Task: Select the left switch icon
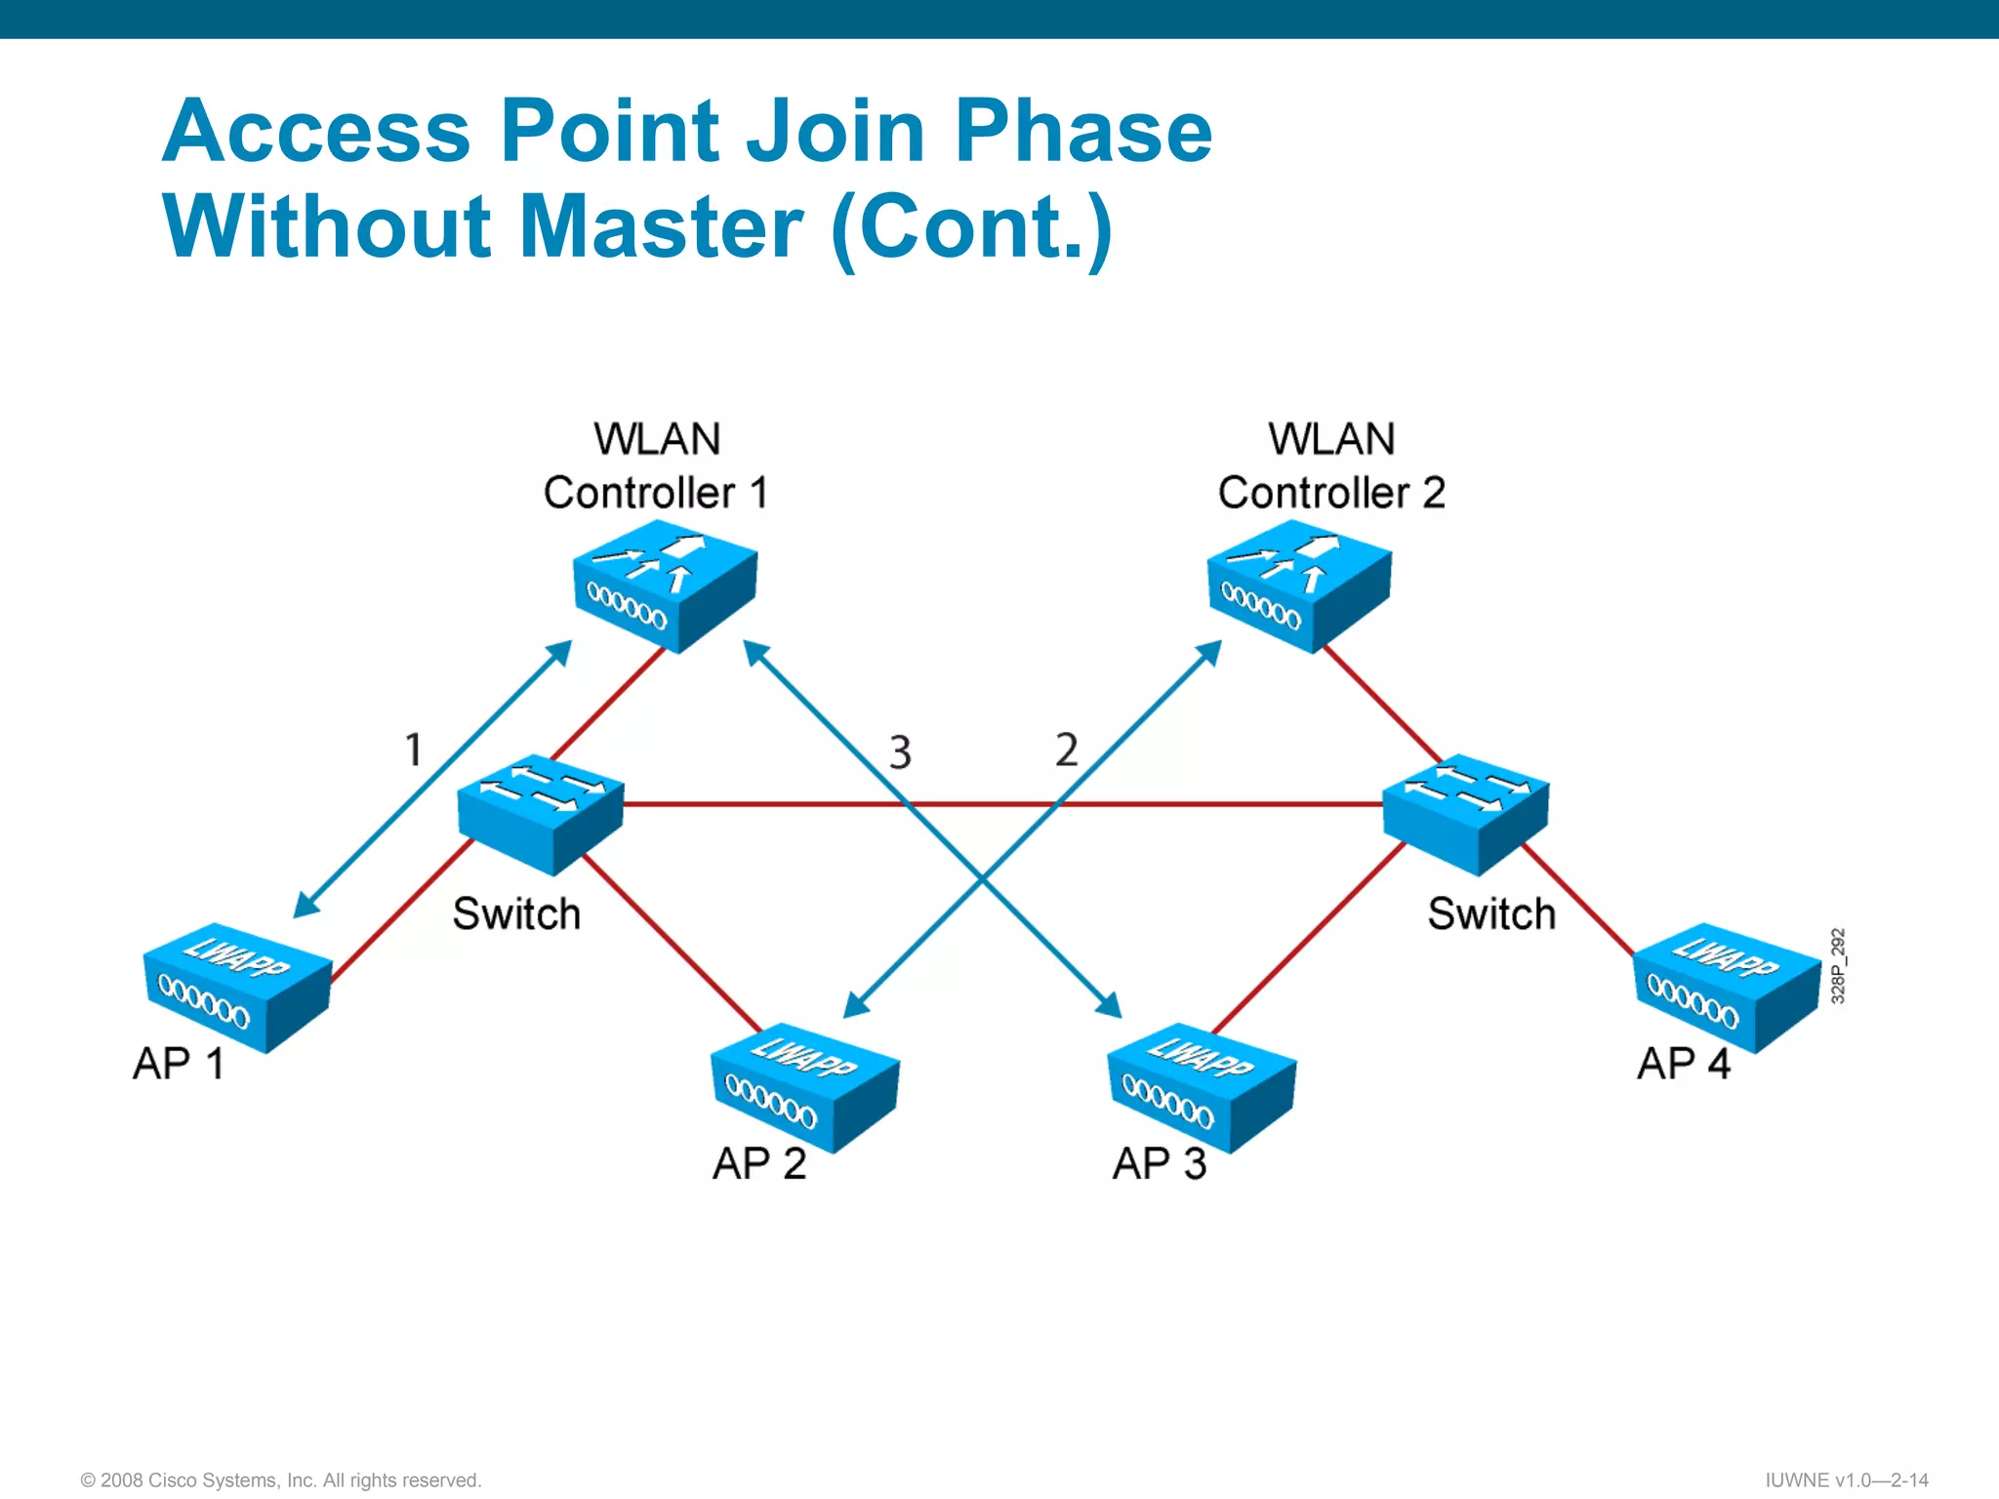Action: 540,812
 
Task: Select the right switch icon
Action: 1465,812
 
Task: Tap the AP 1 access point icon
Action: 237,986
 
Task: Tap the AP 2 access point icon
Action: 805,1085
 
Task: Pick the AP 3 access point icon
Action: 1202,1085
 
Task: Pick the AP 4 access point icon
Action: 1727,986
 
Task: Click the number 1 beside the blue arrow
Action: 413,749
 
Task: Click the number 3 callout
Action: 900,752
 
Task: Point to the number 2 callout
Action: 1067,749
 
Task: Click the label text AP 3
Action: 1159,1163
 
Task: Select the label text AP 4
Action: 1683,1064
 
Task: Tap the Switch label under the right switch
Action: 1490,914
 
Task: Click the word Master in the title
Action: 662,226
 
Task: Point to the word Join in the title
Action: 836,132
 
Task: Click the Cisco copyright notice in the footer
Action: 281,1479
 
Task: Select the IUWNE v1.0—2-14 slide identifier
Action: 1847,1479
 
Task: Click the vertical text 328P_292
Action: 1838,965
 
